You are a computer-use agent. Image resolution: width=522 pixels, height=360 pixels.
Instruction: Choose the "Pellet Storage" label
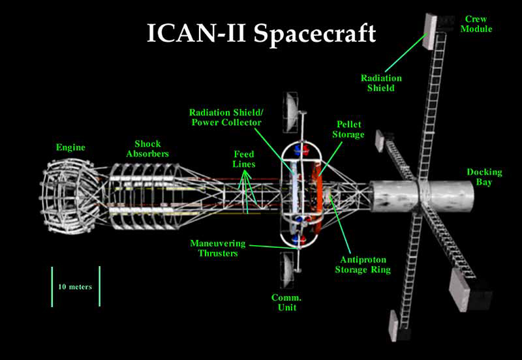point(350,128)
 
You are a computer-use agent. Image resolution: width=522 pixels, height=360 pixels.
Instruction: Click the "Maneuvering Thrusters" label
point(218,248)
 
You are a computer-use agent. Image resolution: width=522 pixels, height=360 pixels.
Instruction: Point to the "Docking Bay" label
point(484,177)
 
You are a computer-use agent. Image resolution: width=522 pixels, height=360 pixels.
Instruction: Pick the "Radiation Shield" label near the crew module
point(381,82)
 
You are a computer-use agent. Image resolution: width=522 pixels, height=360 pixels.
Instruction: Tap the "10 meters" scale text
point(75,286)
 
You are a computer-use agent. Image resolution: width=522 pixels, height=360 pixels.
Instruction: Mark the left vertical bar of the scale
point(52,286)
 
